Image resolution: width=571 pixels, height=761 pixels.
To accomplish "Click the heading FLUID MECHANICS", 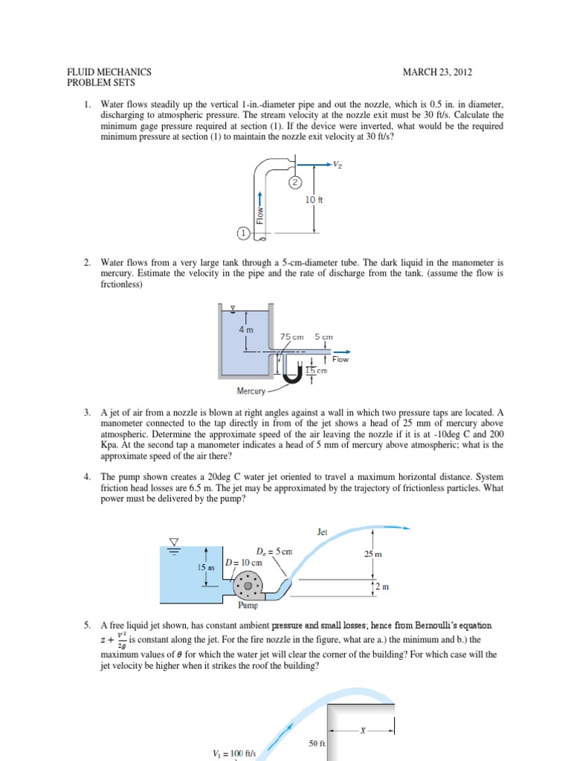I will (x=109, y=72).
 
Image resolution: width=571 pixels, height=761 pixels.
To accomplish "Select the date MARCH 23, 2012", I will (x=438, y=72).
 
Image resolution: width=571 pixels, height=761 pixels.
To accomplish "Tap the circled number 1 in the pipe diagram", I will (x=242, y=233).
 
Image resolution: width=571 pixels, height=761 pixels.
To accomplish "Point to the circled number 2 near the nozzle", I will (x=295, y=182).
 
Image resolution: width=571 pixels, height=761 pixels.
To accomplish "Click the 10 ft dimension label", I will (x=314, y=200).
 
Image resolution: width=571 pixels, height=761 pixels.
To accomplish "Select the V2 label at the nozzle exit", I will (x=339, y=166).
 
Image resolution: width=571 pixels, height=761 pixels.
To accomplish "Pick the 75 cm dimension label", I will (x=292, y=337).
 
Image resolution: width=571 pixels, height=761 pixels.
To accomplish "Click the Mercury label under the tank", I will (x=251, y=391).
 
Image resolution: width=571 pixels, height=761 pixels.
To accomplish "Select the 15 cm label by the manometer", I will (x=317, y=370).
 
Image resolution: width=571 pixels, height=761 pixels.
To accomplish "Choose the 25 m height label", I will (x=374, y=554).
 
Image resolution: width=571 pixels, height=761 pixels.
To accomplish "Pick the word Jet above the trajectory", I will (x=323, y=532).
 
